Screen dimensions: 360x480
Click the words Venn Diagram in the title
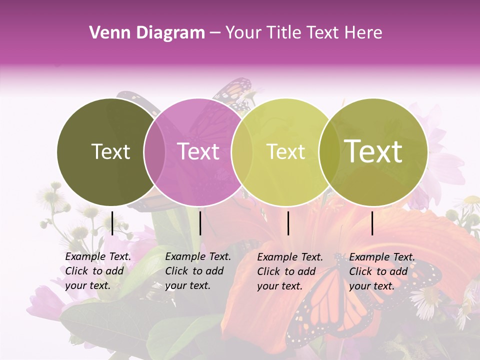coord(147,33)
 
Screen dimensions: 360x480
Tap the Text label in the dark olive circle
coord(110,151)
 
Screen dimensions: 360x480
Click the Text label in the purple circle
coord(198,151)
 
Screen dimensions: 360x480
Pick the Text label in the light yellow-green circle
coord(285,151)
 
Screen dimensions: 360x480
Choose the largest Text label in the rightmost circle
coord(373,151)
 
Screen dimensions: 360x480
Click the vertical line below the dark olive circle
coord(112,223)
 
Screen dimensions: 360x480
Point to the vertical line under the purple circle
coord(200,223)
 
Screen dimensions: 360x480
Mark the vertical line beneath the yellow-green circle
coord(288,223)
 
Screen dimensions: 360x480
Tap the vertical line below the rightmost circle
coord(372,223)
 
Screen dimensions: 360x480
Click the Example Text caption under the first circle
coord(98,271)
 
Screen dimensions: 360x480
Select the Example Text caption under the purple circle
coord(198,271)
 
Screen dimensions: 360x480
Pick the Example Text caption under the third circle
coord(290,271)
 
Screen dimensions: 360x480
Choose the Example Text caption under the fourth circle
coord(382,271)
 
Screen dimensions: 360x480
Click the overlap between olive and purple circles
coord(155,152)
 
